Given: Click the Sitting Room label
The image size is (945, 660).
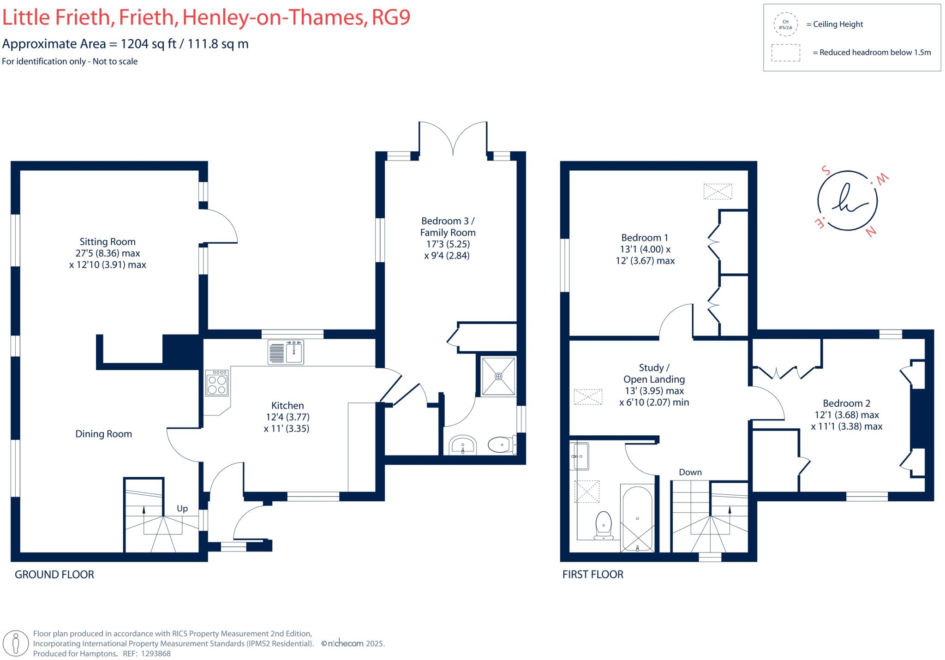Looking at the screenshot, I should point(107,242).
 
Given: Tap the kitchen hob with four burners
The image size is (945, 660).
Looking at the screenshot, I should point(217,383).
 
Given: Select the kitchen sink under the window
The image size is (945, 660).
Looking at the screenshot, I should point(286,353).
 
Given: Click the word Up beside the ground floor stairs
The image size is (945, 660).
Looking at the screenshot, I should point(182,508).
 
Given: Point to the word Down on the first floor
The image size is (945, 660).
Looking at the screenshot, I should point(690,472).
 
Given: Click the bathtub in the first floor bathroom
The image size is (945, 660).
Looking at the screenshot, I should point(637,518).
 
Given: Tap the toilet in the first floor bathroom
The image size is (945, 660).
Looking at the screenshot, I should point(604,525).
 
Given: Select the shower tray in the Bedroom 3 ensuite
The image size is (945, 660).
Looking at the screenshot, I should point(498,376).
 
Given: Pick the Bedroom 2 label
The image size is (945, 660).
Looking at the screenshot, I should point(846,403).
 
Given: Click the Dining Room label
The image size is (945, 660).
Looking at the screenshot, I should point(103,434).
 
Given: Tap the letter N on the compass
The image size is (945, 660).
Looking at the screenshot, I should point(871,232).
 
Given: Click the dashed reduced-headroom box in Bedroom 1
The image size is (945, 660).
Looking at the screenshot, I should point(718,191).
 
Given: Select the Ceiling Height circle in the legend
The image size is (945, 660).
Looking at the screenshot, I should point(785,24).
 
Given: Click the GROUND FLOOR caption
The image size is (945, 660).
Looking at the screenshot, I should point(54,575).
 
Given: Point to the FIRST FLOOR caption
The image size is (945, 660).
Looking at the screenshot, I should point(592,575).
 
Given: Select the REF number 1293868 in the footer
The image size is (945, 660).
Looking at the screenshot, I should point(156,654).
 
